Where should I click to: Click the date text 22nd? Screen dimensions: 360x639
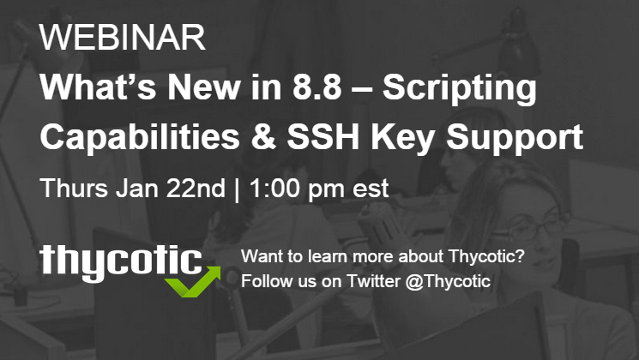tap(187, 187)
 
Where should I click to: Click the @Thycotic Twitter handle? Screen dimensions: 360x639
tap(448, 281)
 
